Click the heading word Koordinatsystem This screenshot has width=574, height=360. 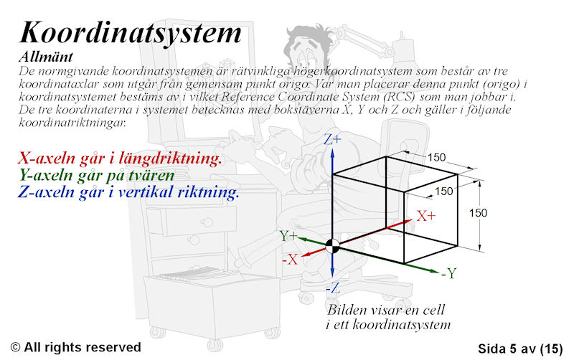(x=131, y=33)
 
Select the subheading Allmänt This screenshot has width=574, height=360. (x=46, y=57)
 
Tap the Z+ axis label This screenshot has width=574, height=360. (x=332, y=139)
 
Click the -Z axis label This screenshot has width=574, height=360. (x=333, y=288)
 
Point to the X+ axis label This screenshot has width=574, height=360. (x=426, y=216)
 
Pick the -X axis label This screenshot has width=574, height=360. (x=290, y=260)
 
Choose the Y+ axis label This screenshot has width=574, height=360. (x=288, y=236)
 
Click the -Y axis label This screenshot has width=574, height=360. (x=449, y=273)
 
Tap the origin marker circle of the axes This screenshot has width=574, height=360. (x=332, y=246)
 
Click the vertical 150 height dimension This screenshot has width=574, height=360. (x=478, y=212)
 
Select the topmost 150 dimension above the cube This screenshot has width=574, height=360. (x=436, y=157)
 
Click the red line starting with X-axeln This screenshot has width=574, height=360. (x=120, y=158)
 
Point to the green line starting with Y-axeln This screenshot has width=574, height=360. (x=97, y=175)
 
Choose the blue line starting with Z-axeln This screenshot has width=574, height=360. (x=128, y=191)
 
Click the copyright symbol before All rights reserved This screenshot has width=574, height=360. (x=15, y=347)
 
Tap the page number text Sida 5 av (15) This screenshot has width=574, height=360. (x=520, y=349)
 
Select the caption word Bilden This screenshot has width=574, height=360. (x=347, y=310)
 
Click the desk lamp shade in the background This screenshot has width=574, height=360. (x=402, y=50)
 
